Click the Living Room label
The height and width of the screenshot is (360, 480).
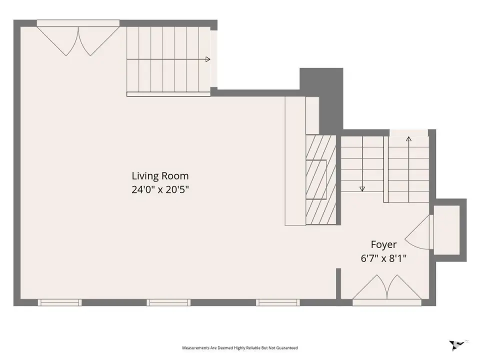click(x=160, y=176)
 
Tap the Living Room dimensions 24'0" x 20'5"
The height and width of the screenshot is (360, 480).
click(x=160, y=190)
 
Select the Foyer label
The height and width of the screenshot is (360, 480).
click(x=383, y=244)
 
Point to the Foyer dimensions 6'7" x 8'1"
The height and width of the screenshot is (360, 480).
click(x=383, y=258)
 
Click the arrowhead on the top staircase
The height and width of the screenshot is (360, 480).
click(x=208, y=59)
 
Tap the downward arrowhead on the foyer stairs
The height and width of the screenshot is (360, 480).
click(x=362, y=189)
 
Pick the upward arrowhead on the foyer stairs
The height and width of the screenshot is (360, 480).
click(x=408, y=139)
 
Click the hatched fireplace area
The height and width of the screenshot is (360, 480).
click(x=321, y=179)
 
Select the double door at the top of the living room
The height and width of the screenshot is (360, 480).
click(x=78, y=38)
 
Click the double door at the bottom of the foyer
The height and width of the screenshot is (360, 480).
click(x=387, y=290)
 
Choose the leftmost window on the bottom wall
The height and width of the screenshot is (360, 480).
click(x=59, y=302)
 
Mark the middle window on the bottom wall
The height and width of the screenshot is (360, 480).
click(x=168, y=302)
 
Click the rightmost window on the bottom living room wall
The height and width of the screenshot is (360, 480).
click(x=278, y=302)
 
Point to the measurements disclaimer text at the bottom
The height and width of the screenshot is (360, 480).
click(x=240, y=348)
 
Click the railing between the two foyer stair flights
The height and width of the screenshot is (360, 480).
click(x=386, y=169)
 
